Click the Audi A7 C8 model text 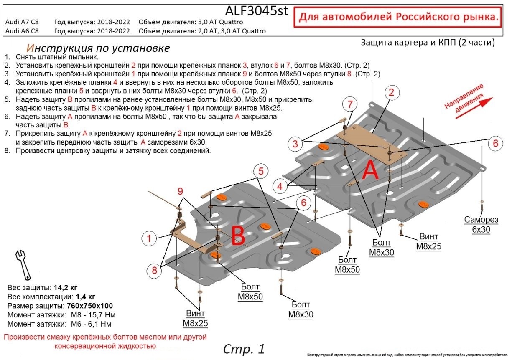pyautogui.click(x=22, y=22)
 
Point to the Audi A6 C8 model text pyautogui.click(x=22, y=31)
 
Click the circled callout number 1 pyautogui.click(x=150, y=239)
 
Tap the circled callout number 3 pyautogui.click(x=295, y=145)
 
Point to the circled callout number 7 pyautogui.click(x=350, y=104)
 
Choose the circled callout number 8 pyautogui.click(x=154, y=271)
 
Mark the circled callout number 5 pyautogui.click(x=260, y=171)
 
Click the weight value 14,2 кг pyautogui.click(x=65, y=288)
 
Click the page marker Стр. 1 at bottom pyautogui.click(x=244, y=349)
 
